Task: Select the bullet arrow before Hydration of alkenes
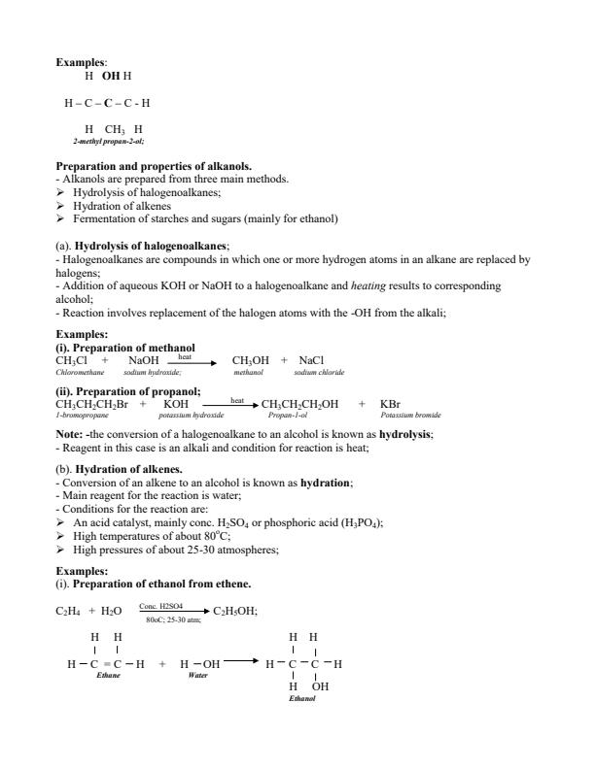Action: (x=62, y=206)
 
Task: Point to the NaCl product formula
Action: (x=311, y=360)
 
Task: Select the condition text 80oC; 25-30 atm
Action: (x=166, y=619)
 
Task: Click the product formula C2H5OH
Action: (x=233, y=612)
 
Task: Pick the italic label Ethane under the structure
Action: (x=109, y=674)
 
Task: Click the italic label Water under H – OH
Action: (x=198, y=674)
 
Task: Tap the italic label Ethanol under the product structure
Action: (x=302, y=698)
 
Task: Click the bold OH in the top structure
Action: (x=110, y=75)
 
